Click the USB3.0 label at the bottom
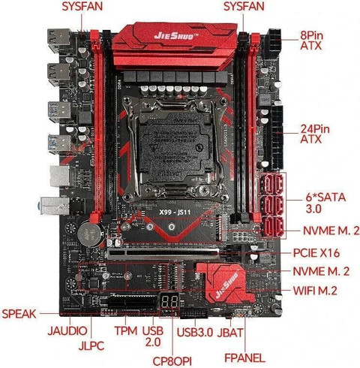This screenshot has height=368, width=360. (x=195, y=331)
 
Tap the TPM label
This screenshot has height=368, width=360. (x=125, y=331)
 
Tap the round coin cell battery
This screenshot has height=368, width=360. (x=89, y=229)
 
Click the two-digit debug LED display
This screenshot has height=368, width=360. (x=170, y=300)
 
